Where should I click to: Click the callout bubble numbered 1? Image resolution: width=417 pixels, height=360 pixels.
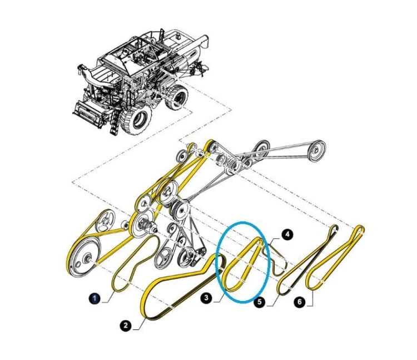click(x=95, y=298)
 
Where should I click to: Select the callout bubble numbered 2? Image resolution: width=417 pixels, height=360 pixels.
click(x=126, y=326)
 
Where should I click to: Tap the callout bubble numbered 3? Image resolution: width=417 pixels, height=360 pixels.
click(x=207, y=298)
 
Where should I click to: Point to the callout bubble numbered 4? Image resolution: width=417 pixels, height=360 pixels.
click(x=287, y=235)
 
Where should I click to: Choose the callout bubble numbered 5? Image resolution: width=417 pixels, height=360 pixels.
click(x=259, y=302)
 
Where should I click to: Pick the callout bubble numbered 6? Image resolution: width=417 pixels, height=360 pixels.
click(x=300, y=302)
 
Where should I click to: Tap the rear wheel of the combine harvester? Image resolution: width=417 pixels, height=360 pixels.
click(x=176, y=97)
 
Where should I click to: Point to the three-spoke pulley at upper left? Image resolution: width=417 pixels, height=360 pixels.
click(x=105, y=221)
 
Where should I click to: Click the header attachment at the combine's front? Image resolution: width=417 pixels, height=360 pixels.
click(x=88, y=113)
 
